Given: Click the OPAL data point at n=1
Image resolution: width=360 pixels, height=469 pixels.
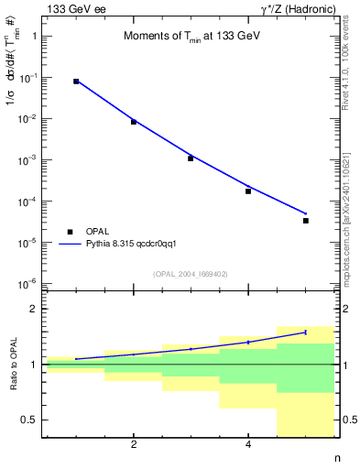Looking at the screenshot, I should (76, 82).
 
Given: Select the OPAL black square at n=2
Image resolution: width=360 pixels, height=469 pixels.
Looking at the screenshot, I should (134, 122).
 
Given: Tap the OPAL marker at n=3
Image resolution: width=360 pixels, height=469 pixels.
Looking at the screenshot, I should (191, 158).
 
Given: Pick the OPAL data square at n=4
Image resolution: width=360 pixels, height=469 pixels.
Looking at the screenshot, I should (248, 191).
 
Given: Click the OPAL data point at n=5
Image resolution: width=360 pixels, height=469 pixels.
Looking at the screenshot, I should (306, 221).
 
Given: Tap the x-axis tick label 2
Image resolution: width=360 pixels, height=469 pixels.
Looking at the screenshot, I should (134, 446).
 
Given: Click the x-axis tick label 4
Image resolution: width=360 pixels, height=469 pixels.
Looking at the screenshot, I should (248, 446).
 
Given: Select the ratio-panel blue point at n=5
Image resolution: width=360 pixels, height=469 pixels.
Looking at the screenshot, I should (306, 333).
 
